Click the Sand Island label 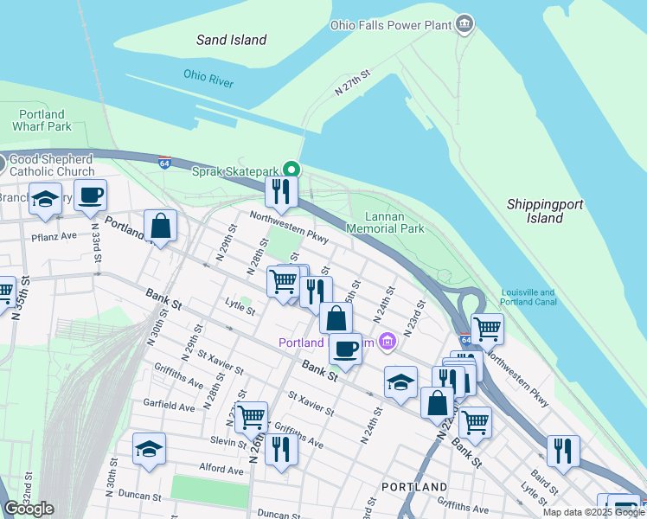tap(231, 40)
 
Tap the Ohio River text tap(208, 78)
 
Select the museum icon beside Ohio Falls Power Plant tap(466, 23)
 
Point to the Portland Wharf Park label tap(41, 120)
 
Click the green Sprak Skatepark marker tap(292, 170)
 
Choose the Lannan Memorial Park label tap(385, 222)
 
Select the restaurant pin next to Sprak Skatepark tap(281, 192)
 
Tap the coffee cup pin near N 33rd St tap(90, 195)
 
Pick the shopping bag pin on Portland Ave tap(160, 226)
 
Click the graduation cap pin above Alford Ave tap(149, 449)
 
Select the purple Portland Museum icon tap(387, 343)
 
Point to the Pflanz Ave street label tap(54, 234)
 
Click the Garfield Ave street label tap(170, 406)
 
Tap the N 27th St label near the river tap(353, 84)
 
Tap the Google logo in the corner tap(28, 509)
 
